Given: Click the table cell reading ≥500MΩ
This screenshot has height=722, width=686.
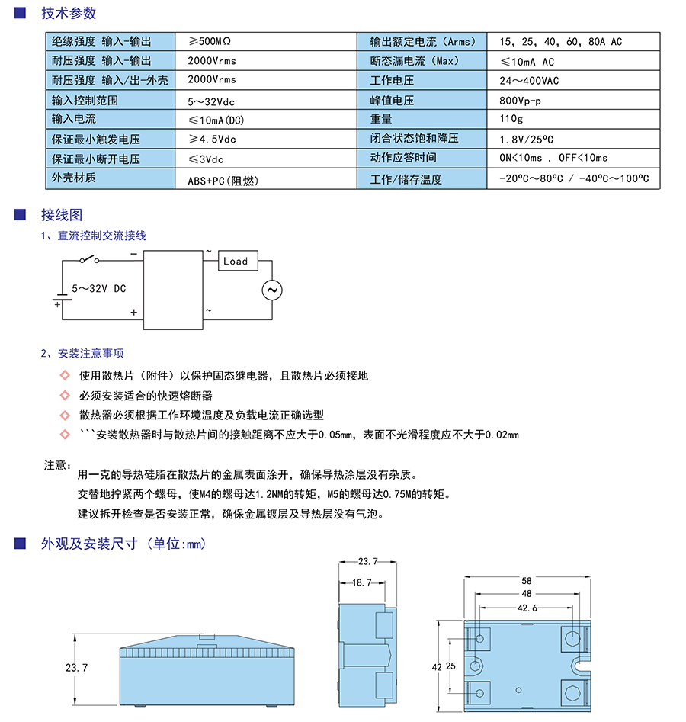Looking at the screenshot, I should point(214,41).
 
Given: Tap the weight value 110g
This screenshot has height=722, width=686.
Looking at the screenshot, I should point(511,119).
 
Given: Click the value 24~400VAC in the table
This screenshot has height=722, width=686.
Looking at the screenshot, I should point(529,80).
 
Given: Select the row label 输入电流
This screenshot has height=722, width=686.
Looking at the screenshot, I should point(74,119).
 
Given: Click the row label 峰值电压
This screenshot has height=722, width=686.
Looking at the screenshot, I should point(392,100).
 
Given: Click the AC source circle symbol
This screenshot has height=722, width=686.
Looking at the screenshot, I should point(271,290).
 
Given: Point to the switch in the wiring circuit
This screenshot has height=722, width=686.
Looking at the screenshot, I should point(90,259).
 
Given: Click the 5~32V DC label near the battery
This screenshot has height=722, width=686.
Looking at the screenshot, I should point(98,289).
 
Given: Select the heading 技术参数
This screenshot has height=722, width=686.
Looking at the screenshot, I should point(69,13).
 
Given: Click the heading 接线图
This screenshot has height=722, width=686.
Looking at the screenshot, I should point(62,215).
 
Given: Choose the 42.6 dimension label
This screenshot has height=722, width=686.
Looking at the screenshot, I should point(527,608).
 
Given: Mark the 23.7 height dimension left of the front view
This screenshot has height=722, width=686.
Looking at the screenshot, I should point(76,667).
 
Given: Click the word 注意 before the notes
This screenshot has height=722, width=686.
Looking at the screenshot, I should point(57,464).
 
